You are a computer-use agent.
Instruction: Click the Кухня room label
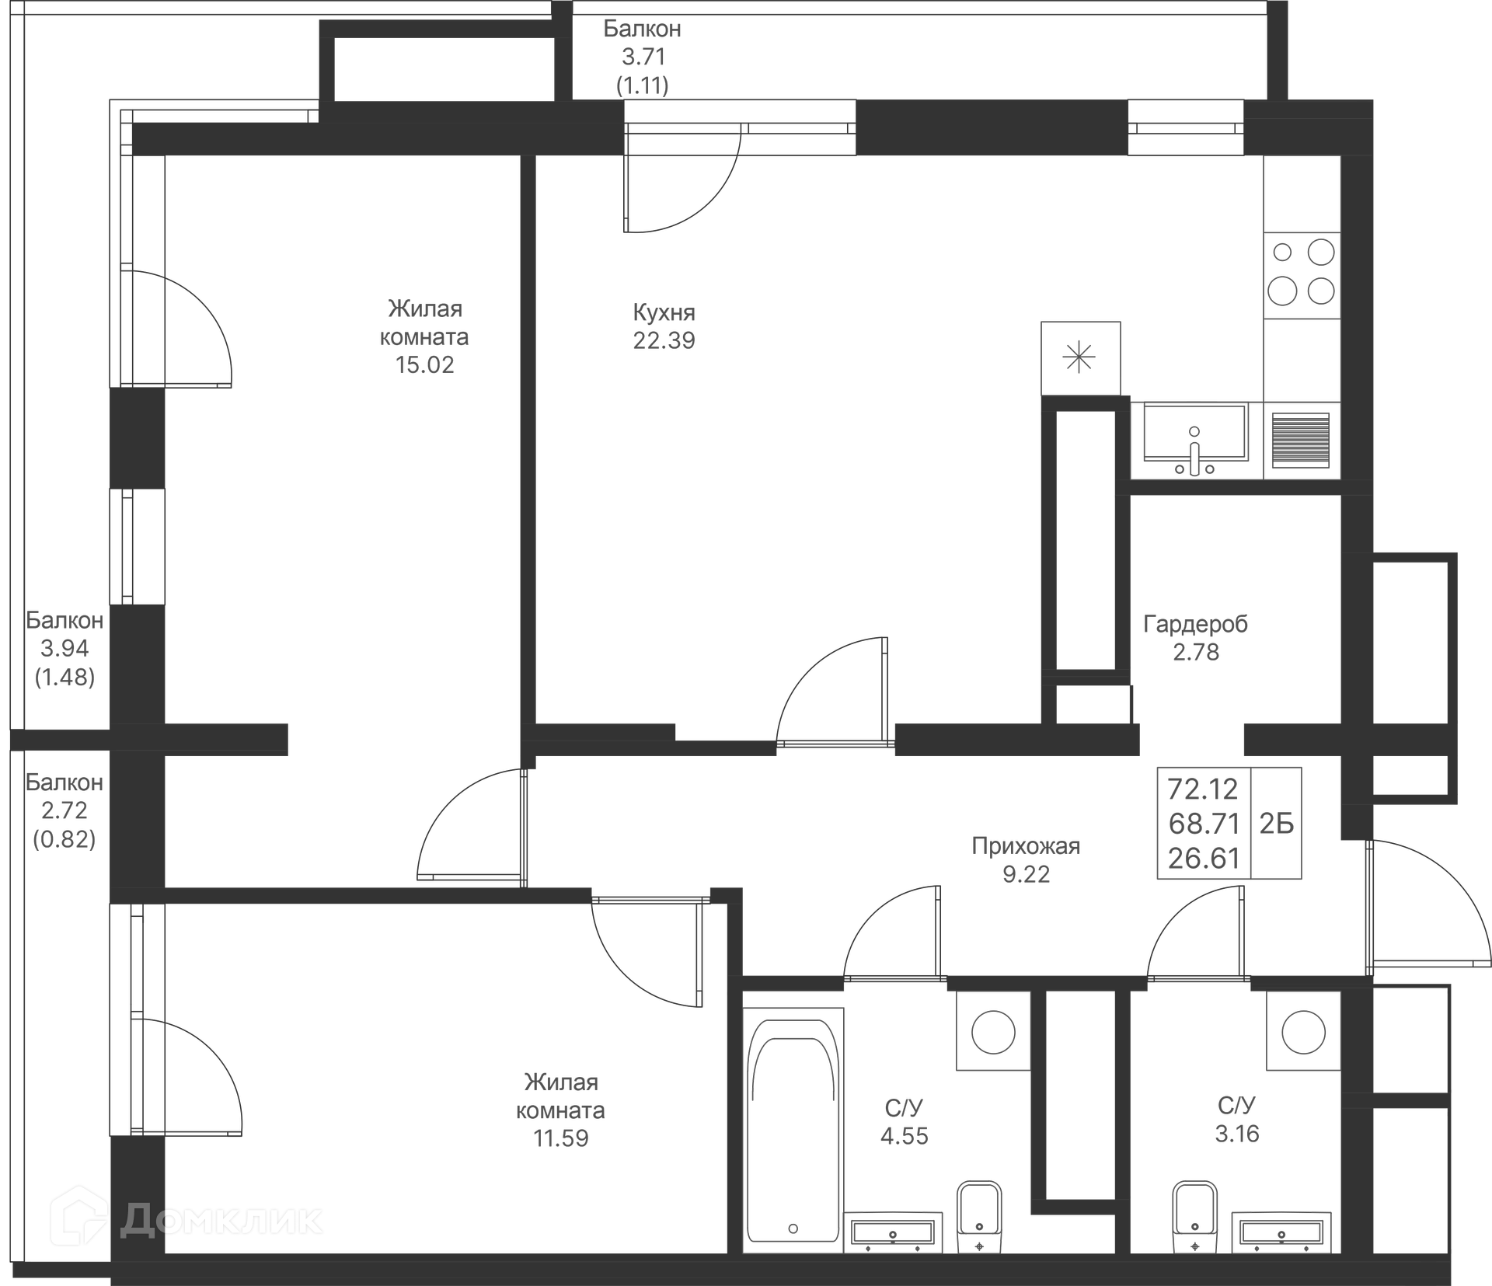tap(664, 312)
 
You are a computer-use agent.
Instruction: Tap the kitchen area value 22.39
tap(664, 340)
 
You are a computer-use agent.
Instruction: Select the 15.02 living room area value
tap(424, 364)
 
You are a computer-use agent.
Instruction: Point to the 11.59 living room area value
tap(560, 1138)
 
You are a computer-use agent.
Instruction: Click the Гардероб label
tap(1195, 624)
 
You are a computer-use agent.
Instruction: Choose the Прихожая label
tap(1026, 845)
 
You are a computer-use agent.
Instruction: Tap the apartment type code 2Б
tap(1277, 823)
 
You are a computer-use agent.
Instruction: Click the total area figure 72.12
tap(1204, 789)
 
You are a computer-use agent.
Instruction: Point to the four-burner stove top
tap(1302, 275)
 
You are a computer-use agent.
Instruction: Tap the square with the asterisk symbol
tap(1080, 358)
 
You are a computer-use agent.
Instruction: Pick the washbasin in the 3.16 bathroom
tap(1281, 1232)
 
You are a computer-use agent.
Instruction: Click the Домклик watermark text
tap(221, 1219)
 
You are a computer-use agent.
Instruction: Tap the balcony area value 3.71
tap(643, 57)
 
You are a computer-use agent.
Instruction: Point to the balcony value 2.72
tap(64, 810)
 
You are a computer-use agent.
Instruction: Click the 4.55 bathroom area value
tap(905, 1136)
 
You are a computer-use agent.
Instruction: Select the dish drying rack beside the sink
tap(1301, 440)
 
